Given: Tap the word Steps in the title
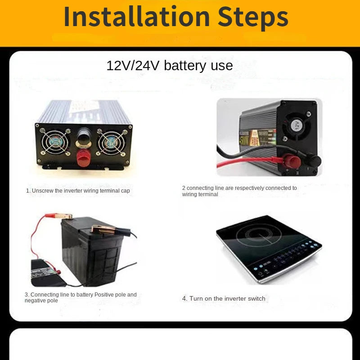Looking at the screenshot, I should pyautogui.click(x=253, y=17).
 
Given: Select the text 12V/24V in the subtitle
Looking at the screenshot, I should pyautogui.click(x=133, y=66).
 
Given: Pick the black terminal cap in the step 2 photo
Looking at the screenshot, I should pyautogui.click(x=313, y=161).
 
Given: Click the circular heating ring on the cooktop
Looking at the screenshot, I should pyautogui.click(x=259, y=235).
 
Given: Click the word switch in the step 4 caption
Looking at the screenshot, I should pyautogui.click(x=256, y=299).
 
